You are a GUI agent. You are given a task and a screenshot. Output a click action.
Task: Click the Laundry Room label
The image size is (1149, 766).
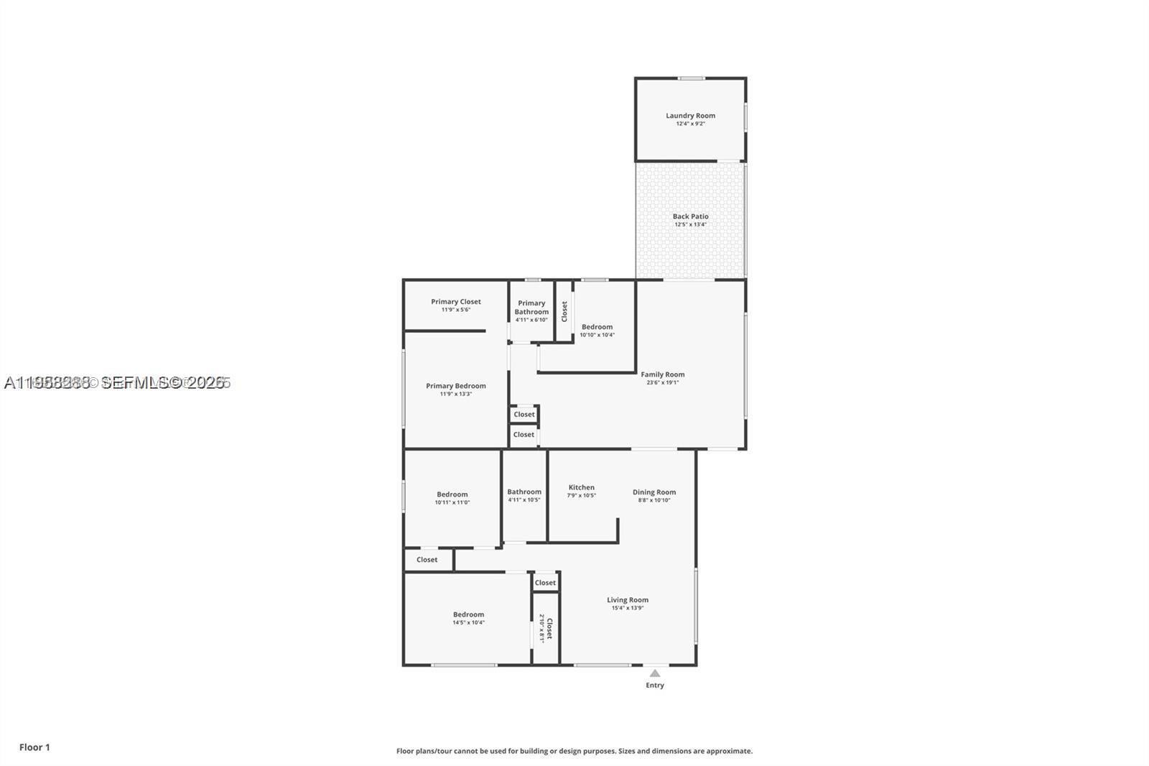[690, 115]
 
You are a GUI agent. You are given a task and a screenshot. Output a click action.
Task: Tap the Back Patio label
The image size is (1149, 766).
[690, 216]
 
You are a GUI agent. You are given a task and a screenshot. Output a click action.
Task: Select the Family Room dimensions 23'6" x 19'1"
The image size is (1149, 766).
[662, 382]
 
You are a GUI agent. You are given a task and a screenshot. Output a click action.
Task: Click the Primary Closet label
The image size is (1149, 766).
[455, 302]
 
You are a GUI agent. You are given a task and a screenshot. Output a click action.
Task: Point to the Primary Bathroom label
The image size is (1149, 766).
[531, 308]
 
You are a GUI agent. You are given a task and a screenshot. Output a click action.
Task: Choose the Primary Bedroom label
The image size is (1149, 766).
[455, 386]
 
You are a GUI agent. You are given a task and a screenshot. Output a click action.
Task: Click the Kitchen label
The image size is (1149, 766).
[581, 487]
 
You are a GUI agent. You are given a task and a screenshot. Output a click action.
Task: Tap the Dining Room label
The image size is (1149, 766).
[653, 492]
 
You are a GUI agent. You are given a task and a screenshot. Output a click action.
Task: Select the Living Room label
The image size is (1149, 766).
[627, 600]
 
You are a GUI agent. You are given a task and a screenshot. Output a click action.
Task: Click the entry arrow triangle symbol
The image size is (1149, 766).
[654, 673]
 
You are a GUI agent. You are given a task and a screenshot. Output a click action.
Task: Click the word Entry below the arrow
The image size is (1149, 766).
[654, 686]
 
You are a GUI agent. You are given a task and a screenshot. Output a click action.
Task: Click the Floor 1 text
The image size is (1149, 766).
[34, 747]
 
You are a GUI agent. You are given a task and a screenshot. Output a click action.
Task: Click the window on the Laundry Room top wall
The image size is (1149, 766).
[691, 78]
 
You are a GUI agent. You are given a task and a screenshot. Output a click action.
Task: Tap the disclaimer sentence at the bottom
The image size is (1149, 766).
[574, 751]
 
